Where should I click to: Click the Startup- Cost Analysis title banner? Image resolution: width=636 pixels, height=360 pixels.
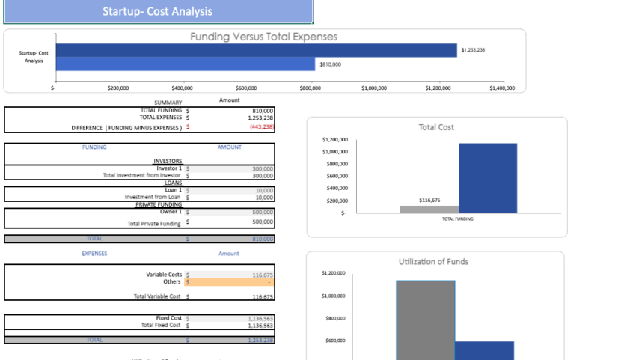[157, 11]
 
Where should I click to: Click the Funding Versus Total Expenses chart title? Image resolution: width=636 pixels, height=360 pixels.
[263, 37]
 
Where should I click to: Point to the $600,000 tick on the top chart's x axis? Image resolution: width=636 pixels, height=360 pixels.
[246, 88]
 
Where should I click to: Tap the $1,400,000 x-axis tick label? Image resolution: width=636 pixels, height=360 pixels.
[501, 88]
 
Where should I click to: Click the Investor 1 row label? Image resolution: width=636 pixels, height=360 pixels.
[169, 168]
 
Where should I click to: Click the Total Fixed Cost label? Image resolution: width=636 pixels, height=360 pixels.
[161, 326]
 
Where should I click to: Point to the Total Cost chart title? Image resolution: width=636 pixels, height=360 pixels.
[436, 127]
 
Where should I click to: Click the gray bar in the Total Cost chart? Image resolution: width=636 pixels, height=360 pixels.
[429, 210]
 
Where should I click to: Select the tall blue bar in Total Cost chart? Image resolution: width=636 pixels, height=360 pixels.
[487, 178]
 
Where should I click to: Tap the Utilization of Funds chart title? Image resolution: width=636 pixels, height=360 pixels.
[434, 261]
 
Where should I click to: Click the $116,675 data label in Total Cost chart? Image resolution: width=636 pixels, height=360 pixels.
[429, 200]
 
